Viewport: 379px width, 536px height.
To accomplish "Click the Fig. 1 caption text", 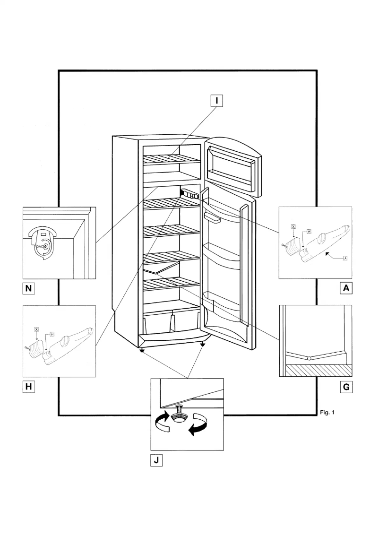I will coord(327,413).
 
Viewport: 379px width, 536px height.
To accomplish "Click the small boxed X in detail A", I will coord(293,227).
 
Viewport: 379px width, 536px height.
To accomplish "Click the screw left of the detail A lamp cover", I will coord(284,245).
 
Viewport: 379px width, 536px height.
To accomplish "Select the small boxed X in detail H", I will coord(36,328).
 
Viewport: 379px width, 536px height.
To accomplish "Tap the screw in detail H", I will coord(26,348).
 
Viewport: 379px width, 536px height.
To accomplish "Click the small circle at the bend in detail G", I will coord(309,359).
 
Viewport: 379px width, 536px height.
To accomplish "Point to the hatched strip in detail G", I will coord(316,370).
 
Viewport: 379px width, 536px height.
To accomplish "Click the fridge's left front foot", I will coord(141,350).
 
